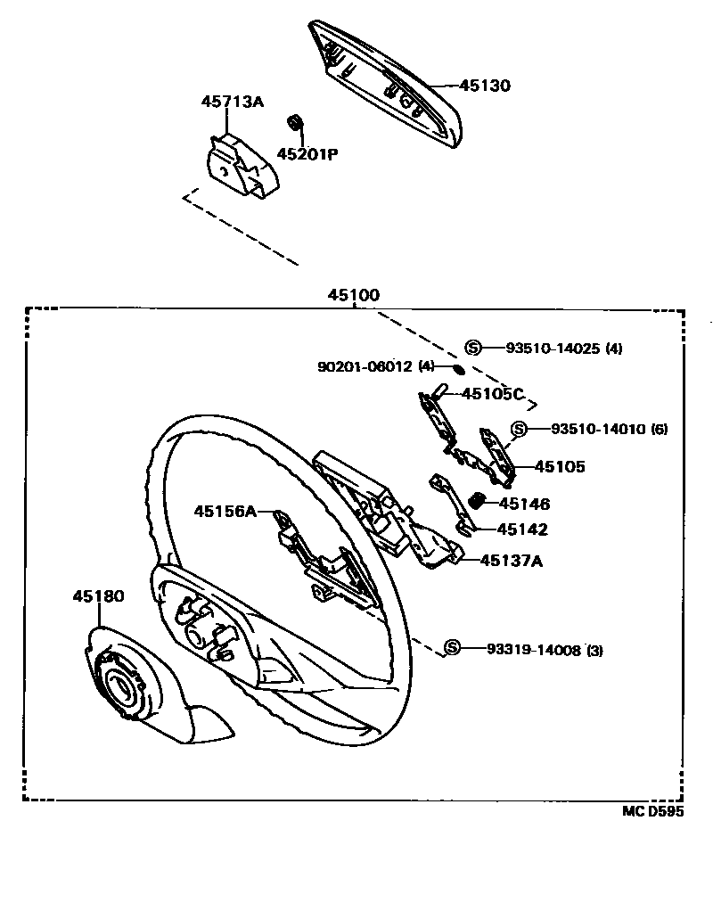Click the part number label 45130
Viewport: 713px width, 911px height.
click(x=485, y=86)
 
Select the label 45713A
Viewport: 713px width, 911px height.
click(x=232, y=102)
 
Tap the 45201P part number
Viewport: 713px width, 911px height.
click(x=307, y=153)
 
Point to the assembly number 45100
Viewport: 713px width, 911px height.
click(x=353, y=295)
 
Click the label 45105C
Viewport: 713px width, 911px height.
click(x=493, y=394)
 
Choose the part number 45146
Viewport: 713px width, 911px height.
click(x=525, y=505)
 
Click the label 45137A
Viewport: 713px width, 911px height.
click(x=512, y=561)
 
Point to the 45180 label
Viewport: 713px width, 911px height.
click(x=98, y=596)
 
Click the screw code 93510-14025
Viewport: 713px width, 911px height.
click(x=553, y=349)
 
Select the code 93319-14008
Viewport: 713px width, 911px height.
click(x=533, y=650)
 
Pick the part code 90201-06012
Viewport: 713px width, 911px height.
click(x=365, y=366)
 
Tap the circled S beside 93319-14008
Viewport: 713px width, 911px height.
click(x=453, y=648)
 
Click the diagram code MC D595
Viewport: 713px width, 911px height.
click(x=653, y=812)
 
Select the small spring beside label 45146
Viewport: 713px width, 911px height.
click(x=477, y=501)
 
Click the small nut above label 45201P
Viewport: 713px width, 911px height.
click(x=293, y=122)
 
